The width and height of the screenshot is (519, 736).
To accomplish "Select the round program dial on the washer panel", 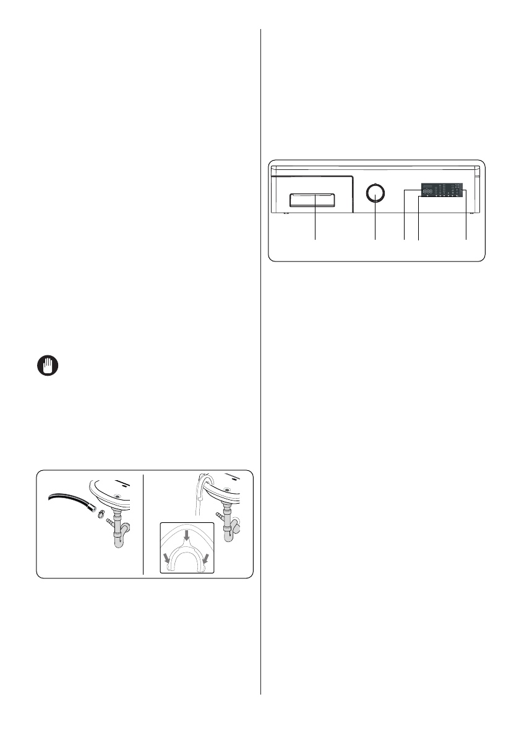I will pos(375,193).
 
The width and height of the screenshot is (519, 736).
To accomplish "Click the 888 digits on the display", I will pos(428,192).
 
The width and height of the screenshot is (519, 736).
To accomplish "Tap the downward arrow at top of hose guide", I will pos(187,531).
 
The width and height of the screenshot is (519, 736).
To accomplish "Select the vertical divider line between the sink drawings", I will pos(144,524).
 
